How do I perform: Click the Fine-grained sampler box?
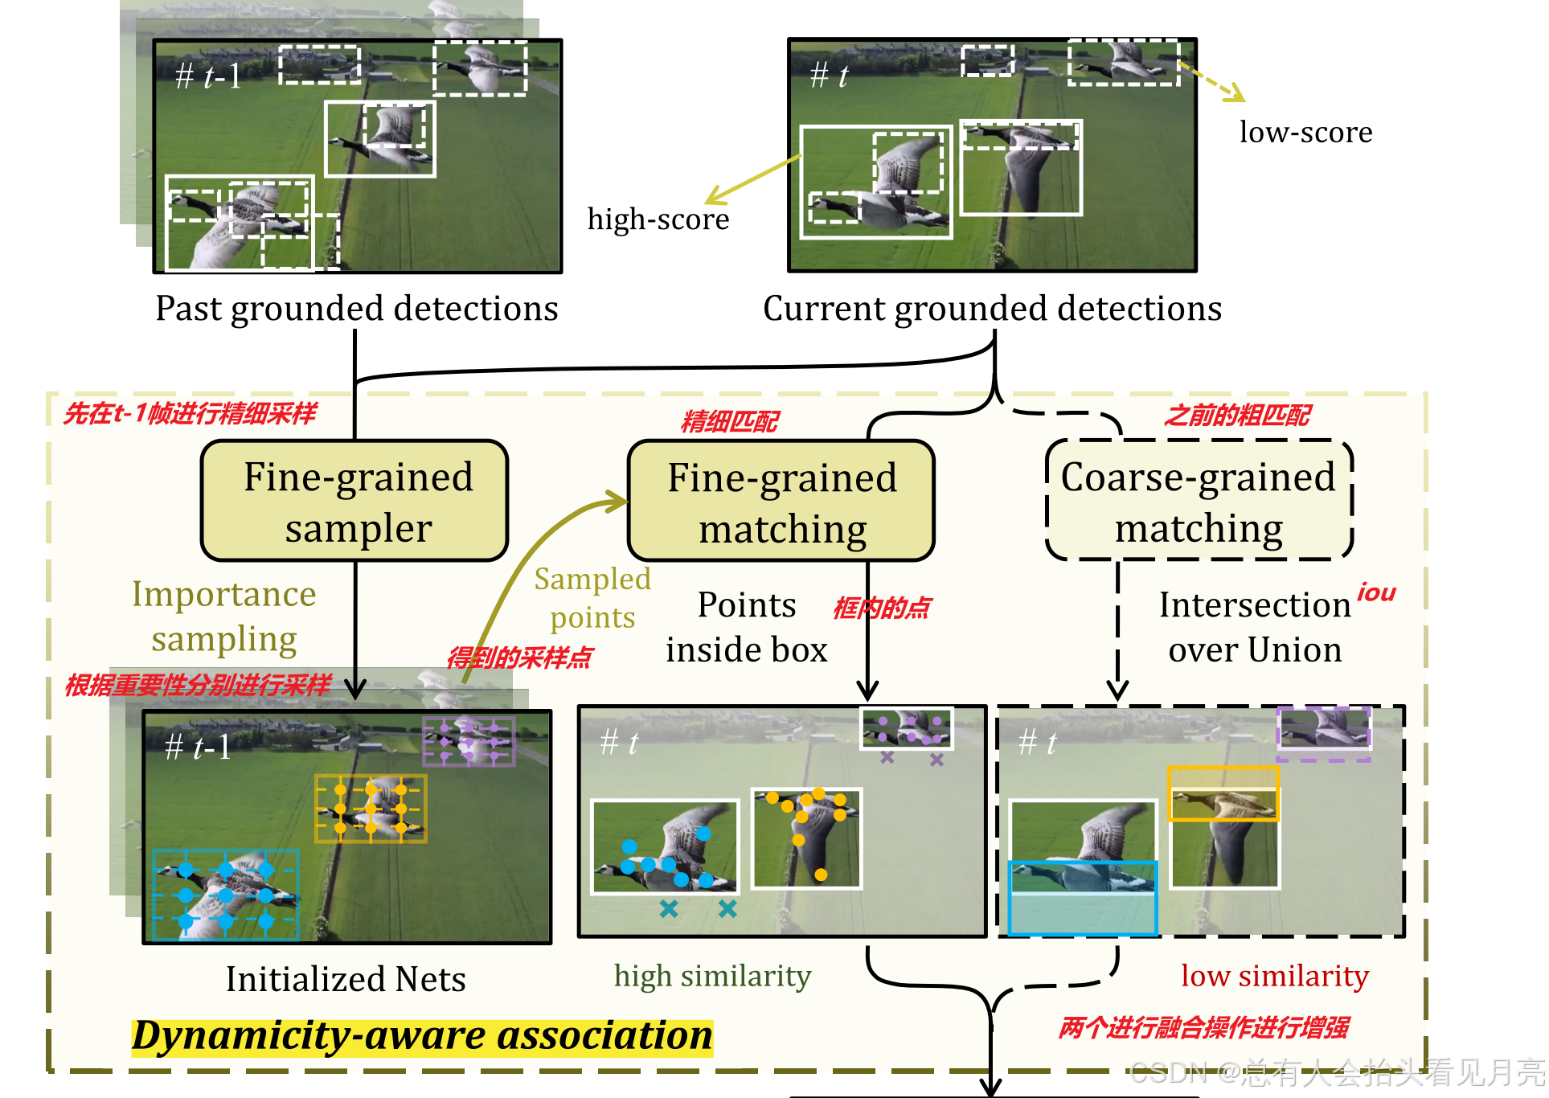[x=354, y=501]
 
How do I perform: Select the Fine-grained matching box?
[x=781, y=501]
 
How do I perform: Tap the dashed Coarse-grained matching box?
[x=1199, y=501]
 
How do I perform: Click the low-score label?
[x=1305, y=133]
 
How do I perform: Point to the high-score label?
[x=658, y=219]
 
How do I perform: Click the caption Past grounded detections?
[x=356, y=309]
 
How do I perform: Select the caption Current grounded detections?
[x=992, y=309]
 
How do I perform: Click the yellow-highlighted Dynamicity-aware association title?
[x=422, y=1035]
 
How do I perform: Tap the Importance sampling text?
[x=224, y=617]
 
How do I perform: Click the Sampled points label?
[x=592, y=598]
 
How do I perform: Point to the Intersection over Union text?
[x=1255, y=627]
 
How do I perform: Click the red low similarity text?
[x=1274, y=976]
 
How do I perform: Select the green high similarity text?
[x=712, y=976]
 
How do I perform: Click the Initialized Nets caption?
[x=346, y=979]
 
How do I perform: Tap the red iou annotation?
[x=1376, y=593]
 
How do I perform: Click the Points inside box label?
[x=746, y=627]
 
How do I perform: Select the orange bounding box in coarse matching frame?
[x=1222, y=793]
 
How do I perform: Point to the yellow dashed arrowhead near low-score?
[x=1235, y=94]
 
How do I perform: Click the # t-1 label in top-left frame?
[x=208, y=76]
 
